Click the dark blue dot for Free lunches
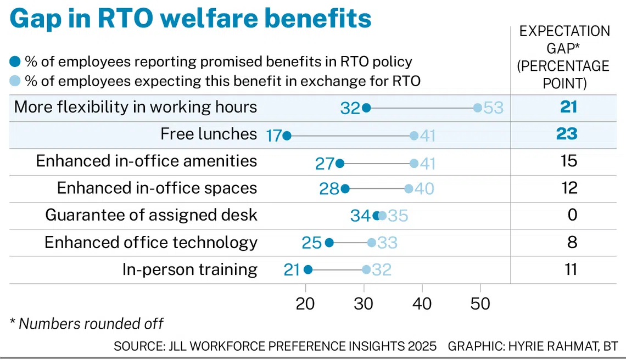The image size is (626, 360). (286, 135)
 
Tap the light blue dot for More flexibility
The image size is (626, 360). (478, 108)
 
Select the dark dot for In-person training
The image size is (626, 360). (308, 269)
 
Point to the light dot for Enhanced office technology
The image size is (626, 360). (372, 243)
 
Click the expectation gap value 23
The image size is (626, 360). (568, 134)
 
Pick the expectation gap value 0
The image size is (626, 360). (572, 215)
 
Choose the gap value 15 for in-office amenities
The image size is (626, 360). (569, 161)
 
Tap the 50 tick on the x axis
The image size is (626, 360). (480, 304)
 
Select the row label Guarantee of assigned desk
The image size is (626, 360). (151, 215)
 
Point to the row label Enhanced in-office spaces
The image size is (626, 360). (157, 188)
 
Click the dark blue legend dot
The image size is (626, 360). (15, 62)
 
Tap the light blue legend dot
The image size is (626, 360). (15, 81)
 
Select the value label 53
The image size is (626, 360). (494, 108)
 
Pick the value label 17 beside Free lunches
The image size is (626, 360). (273, 135)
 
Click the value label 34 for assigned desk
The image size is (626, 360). (361, 215)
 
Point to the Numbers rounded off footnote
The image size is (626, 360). (87, 323)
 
